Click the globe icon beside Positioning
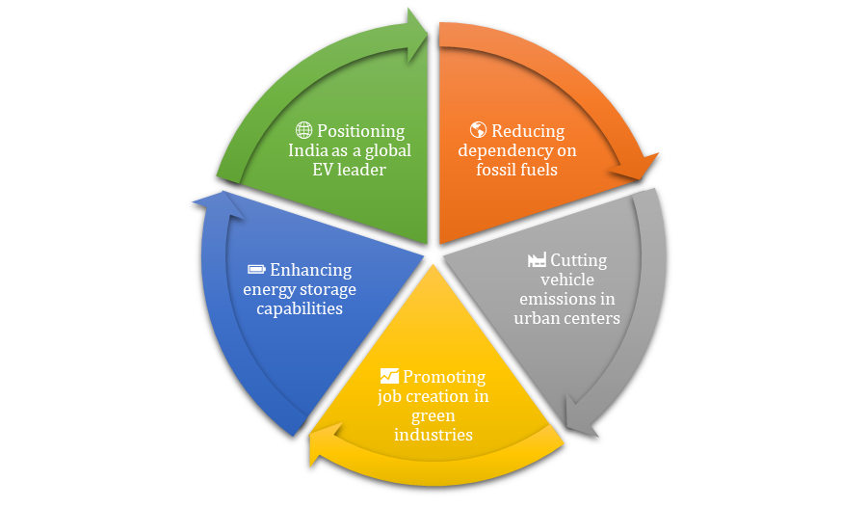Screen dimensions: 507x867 [x=303, y=130]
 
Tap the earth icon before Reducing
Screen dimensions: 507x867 [x=478, y=130]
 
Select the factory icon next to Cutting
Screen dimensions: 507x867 [x=537, y=260]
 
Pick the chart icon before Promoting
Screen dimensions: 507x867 [x=389, y=376]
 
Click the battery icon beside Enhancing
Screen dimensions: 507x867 [x=256, y=269]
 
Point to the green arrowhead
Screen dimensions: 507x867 [x=418, y=36]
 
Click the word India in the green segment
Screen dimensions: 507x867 [x=308, y=150]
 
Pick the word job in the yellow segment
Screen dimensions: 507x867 [x=389, y=396]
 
